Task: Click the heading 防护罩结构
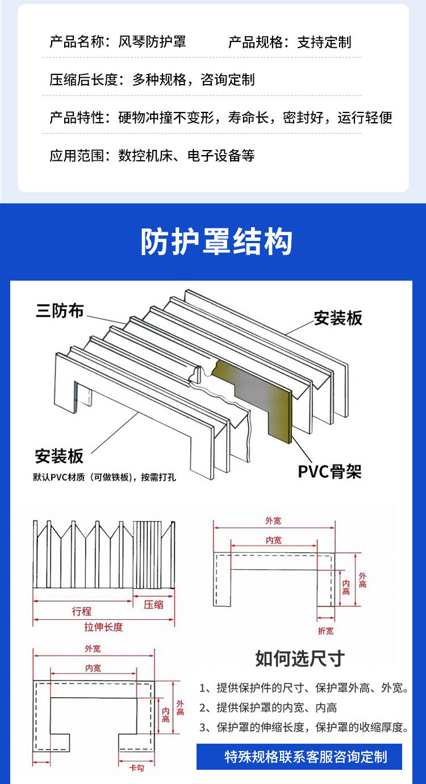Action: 216,242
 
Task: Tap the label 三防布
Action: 60,311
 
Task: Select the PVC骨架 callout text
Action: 329,472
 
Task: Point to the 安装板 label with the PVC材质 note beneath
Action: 59,456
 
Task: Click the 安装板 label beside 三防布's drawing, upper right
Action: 338,318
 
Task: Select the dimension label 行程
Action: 81,612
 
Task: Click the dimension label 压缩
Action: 153,604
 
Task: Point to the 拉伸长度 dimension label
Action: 103,627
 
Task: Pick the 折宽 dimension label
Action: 325,631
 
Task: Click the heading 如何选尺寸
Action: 300,659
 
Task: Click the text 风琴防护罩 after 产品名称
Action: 152,42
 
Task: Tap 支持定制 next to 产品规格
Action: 324,42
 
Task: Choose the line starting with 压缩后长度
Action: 152,80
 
